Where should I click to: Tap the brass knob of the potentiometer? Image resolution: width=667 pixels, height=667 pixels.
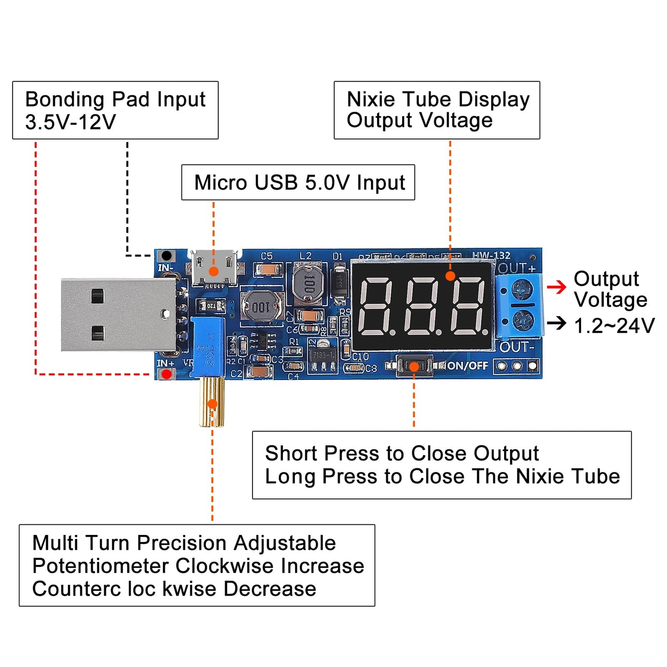[x=212, y=402]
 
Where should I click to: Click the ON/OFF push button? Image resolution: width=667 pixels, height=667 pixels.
[x=414, y=367]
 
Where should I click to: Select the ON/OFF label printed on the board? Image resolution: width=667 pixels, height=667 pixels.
[x=468, y=366]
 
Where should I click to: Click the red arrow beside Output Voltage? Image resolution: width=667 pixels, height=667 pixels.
[x=557, y=287]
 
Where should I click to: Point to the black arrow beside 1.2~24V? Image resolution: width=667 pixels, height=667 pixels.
[x=557, y=323]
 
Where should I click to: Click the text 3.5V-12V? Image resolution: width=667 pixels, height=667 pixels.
[x=70, y=122]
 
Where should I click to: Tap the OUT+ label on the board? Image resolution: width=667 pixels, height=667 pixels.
[x=517, y=268]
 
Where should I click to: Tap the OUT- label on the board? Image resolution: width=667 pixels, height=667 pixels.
[x=517, y=347]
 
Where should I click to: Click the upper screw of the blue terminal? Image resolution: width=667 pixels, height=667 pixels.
[x=523, y=290]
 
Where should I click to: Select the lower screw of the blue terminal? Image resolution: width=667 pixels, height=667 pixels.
[x=523, y=319]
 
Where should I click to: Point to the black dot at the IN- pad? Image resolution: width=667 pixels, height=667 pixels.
[x=166, y=256]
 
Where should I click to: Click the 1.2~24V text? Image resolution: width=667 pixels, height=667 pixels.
[x=614, y=326]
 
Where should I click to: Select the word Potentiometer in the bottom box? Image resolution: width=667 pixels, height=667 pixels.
[x=100, y=566]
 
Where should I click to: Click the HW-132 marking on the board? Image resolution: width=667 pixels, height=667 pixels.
[x=491, y=255]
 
